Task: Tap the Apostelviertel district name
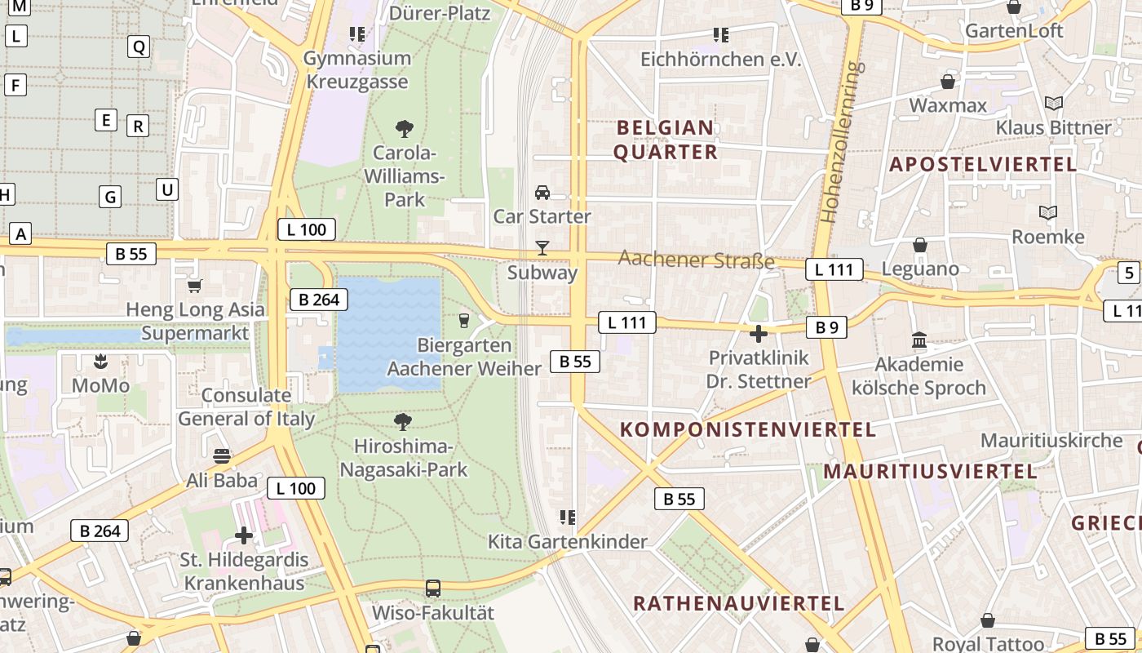(x=983, y=164)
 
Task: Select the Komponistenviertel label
(x=747, y=429)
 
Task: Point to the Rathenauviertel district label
(x=738, y=603)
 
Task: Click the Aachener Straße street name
(x=696, y=260)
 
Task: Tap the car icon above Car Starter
(x=542, y=193)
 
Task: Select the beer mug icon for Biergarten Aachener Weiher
(x=464, y=321)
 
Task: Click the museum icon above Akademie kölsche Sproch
(x=919, y=340)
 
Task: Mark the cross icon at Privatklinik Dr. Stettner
(x=759, y=333)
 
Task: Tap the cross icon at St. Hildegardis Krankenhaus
(x=244, y=535)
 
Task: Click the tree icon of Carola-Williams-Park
(x=404, y=128)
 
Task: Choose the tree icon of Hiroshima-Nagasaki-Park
(x=403, y=421)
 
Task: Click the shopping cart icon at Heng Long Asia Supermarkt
(x=194, y=286)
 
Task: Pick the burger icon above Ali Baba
(x=221, y=455)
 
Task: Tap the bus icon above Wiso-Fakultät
(x=433, y=588)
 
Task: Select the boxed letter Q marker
(x=139, y=47)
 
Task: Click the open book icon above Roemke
(x=1047, y=213)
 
